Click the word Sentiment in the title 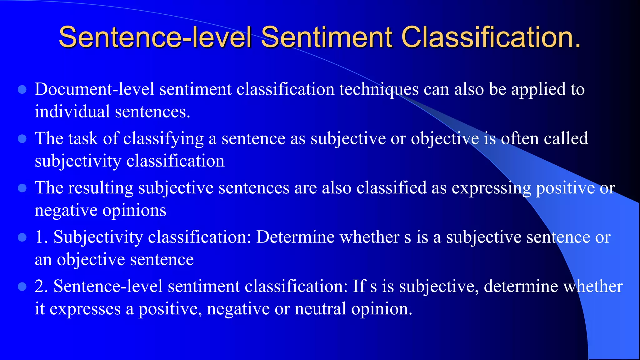click(327, 37)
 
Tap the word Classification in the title click(491, 37)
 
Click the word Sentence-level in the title click(155, 37)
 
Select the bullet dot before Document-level click(22, 90)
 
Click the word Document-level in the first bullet click(94, 89)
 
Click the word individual click(72, 112)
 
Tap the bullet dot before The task click(22, 139)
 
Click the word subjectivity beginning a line click(78, 162)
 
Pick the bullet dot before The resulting click(22, 188)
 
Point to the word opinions click(134, 211)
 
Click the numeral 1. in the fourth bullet click(42, 237)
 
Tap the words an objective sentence click(114, 260)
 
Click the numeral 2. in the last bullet click(42, 287)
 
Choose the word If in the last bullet click(359, 286)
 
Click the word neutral click(320, 309)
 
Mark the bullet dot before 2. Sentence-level click(22, 287)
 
